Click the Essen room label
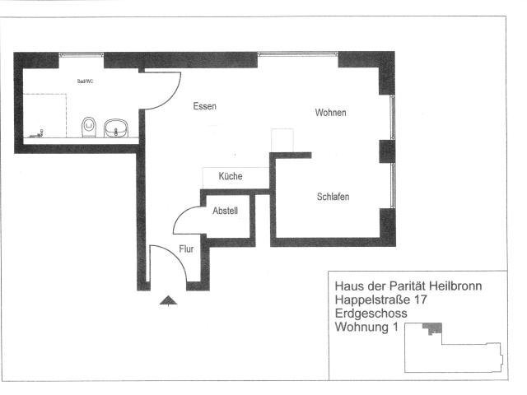[205, 106]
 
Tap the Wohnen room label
[330, 113]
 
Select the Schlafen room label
[333, 197]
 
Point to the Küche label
[231, 176]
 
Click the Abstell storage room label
[226, 211]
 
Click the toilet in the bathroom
[89, 127]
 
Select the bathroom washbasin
[117, 128]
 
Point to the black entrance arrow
[168, 301]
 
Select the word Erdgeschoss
[367, 314]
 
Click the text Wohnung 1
[366, 328]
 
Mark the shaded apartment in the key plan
[431, 328]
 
